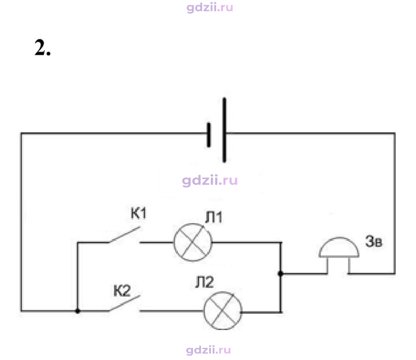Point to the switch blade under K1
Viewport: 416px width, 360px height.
tap(124, 235)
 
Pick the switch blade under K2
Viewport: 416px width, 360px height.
tap(124, 303)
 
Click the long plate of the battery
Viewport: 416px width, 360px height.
tap(224, 130)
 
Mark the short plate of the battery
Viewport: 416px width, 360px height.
tap(209, 135)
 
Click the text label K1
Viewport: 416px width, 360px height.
tap(139, 213)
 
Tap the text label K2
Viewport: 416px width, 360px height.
tap(122, 291)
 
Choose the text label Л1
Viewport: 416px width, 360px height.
tap(214, 217)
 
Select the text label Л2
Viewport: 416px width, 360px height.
tap(205, 282)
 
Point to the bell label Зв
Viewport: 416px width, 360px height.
tap(374, 241)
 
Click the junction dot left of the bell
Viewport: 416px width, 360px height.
tap(280, 273)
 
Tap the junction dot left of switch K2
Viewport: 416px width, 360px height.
tap(77, 311)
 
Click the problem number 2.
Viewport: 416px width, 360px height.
tap(42, 47)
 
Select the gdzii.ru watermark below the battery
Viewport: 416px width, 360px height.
tap(210, 181)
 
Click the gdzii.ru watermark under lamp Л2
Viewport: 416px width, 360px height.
tap(208, 350)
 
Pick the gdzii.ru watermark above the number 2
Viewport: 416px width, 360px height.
tap(210, 7)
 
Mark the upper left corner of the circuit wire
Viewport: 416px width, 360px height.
tap(21, 133)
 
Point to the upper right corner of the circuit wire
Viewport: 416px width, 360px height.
tap(395, 133)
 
